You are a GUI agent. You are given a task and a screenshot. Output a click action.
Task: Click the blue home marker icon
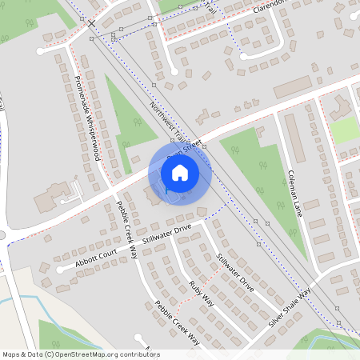(x=180, y=172)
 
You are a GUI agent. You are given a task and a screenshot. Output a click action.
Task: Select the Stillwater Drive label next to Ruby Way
(x=234, y=272)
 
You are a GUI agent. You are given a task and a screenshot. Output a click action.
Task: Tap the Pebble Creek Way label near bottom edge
(x=178, y=322)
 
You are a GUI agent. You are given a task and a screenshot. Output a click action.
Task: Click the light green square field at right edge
(x=346, y=130)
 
